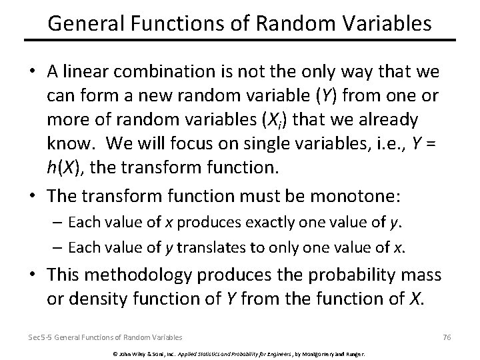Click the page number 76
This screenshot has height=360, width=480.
click(447, 338)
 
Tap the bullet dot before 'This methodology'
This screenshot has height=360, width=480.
click(34, 275)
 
